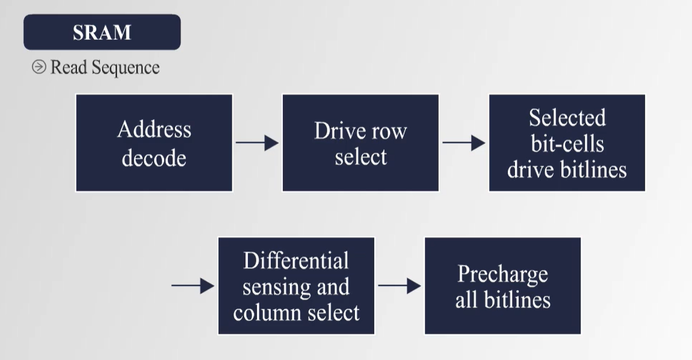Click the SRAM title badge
pyautogui.click(x=102, y=32)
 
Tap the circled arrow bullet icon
pyautogui.click(x=39, y=67)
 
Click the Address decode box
pyautogui.click(x=154, y=143)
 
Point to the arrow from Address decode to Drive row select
pyautogui.click(x=257, y=143)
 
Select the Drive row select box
pyautogui.click(x=360, y=143)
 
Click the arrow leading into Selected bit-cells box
pyautogui.click(x=463, y=143)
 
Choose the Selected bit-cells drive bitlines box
pyautogui.click(x=567, y=143)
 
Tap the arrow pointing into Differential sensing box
pyautogui.click(x=193, y=285)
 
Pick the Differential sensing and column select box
pyautogui.click(x=296, y=285)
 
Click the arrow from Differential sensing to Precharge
pyautogui.click(x=399, y=285)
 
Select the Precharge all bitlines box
pyautogui.click(x=502, y=285)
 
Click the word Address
pyautogui.click(x=154, y=129)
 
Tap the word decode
pyautogui.click(x=154, y=158)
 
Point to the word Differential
pyautogui.click(x=296, y=261)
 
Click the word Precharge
pyautogui.click(x=502, y=274)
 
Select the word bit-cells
pyautogui.click(x=567, y=144)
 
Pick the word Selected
pyautogui.click(x=567, y=118)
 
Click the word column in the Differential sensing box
pyautogui.click(x=267, y=312)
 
